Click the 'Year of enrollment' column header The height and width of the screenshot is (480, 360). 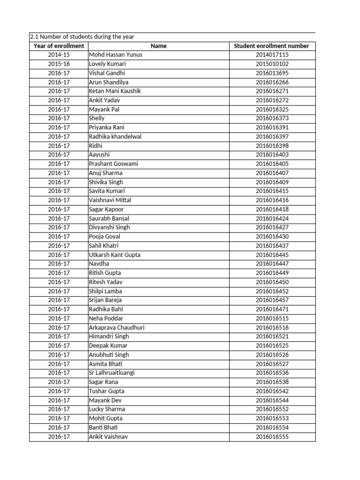pos(59,46)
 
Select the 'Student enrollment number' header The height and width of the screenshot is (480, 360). pos(272,46)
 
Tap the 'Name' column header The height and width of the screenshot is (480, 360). pos(159,46)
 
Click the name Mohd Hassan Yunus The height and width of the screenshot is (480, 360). pos(115,55)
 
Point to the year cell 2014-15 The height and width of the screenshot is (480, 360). pos(59,55)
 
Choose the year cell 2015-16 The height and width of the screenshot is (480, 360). pos(59,64)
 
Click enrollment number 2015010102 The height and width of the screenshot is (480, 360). pos(272,64)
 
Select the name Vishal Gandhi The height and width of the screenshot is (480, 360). pos(107,73)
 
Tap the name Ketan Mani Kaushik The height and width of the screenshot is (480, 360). pos(115,91)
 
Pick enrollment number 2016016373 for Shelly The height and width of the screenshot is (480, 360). pos(272,119)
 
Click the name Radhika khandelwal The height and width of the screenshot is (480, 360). pos(115,136)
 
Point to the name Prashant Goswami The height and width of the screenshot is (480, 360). pos(113,164)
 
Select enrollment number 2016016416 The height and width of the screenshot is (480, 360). pos(272,200)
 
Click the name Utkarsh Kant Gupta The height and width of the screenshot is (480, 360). pos(114,255)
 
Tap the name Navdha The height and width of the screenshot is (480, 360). pos(99,264)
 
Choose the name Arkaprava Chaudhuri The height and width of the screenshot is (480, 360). pos(117,328)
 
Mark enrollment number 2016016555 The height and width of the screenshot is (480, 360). pos(272,437)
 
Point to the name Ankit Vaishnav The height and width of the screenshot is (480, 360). pos(108,437)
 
